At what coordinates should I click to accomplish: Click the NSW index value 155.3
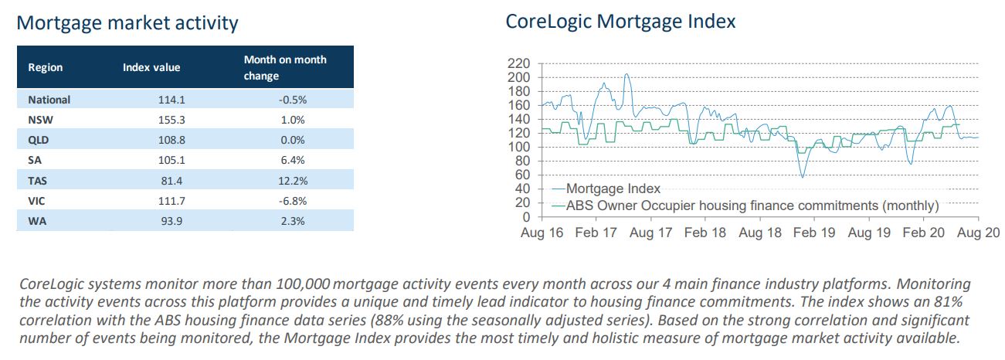[171, 120]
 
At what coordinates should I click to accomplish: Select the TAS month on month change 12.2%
[293, 181]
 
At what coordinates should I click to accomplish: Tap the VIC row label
[36, 201]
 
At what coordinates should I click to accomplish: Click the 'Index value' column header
[151, 67]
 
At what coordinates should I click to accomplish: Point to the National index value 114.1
[171, 100]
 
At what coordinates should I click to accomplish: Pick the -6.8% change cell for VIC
[293, 201]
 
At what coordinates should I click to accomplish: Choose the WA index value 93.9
[171, 221]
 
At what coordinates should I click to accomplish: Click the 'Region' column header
[46, 67]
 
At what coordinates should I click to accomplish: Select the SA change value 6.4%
[293, 160]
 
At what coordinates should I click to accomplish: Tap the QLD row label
[38, 140]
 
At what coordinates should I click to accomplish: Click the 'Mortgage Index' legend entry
[606, 188]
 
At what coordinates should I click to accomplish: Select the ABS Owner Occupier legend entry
[745, 205]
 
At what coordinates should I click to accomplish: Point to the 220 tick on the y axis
[518, 63]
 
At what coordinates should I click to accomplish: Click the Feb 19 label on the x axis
[814, 233]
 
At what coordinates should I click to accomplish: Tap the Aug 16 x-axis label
[542, 233]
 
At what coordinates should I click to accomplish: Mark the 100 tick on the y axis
[518, 147]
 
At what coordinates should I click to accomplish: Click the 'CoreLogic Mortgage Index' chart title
[620, 22]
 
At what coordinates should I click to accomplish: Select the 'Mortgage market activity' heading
[127, 23]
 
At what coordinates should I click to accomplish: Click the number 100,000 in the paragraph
[303, 284]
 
